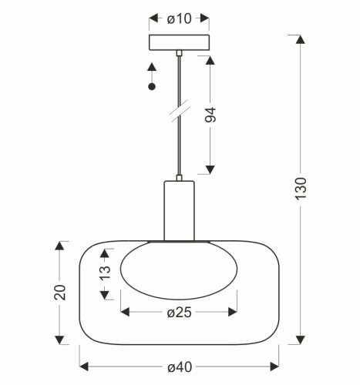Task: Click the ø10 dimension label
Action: click(180, 18)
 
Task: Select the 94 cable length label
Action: click(210, 115)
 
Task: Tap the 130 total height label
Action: click(301, 189)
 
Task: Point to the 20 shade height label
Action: click(60, 293)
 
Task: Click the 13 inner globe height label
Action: click(105, 273)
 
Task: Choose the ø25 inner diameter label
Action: click(180, 313)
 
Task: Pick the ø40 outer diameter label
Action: click(180, 367)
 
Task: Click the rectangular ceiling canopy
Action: click(180, 42)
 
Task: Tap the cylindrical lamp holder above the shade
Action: click(180, 211)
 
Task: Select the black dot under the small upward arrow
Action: click(152, 87)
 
